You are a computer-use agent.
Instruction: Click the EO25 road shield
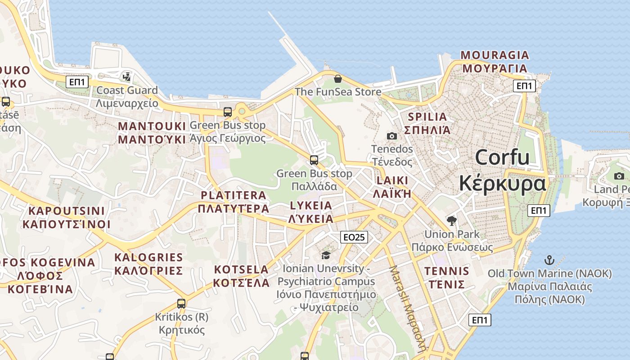(354, 237)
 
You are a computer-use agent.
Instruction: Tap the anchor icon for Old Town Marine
(549, 260)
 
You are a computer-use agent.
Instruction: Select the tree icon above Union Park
(452, 220)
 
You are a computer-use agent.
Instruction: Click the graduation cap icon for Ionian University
(326, 255)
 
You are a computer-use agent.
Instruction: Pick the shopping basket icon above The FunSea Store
(338, 79)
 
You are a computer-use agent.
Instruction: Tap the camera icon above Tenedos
(392, 136)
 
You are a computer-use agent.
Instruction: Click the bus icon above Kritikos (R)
(181, 303)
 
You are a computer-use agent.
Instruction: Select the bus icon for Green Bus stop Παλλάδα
(314, 160)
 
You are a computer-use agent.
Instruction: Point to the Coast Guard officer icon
(127, 76)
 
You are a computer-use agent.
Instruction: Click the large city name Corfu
(502, 157)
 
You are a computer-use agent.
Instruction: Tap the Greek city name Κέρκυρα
(502, 184)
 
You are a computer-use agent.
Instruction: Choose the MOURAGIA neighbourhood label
(495, 55)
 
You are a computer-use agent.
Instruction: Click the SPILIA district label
(427, 117)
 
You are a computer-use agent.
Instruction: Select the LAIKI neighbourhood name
(393, 181)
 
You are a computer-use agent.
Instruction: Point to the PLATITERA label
(234, 195)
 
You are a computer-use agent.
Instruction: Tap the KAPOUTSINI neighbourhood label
(67, 211)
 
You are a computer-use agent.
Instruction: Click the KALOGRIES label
(148, 258)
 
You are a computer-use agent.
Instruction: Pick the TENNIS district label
(447, 271)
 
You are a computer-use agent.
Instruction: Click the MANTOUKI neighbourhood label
(152, 126)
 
